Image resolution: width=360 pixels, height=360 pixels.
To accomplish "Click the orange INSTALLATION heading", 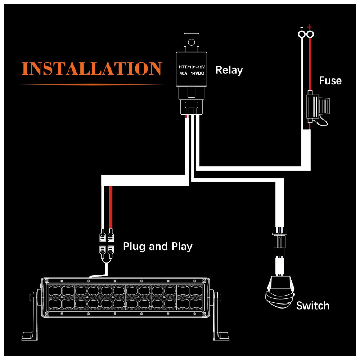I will (x=91, y=68).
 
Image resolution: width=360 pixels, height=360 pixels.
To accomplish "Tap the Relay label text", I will (x=229, y=70).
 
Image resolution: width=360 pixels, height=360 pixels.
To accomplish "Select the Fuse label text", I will (x=330, y=81).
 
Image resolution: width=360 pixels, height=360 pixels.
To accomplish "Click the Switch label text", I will (x=312, y=306).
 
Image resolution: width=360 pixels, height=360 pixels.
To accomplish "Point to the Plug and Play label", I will (x=158, y=247).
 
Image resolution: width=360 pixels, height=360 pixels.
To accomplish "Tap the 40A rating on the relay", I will (x=183, y=74).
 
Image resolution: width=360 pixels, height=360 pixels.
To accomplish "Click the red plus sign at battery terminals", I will (x=310, y=27).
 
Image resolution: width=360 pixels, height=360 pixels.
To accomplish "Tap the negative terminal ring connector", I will (x=301, y=35).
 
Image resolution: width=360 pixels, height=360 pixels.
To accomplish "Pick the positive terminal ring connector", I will (x=310, y=35).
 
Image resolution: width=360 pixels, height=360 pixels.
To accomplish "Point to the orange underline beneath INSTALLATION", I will (x=91, y=84).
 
